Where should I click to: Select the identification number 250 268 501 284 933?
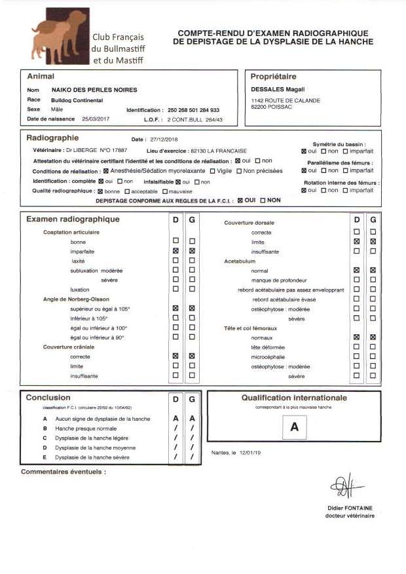pyautogui.click(x=194, y=110)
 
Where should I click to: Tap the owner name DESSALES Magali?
pyautogui.click(x=273, y=90)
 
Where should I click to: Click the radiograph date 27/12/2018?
pyautogui.click(x=163, y=140)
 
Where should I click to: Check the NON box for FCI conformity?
pyautogui.click(x=263, y=200)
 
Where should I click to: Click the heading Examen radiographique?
pyautogui.click(x=73, y=219)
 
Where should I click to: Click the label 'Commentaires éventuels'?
pyautogui.click(x=64, y=471)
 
